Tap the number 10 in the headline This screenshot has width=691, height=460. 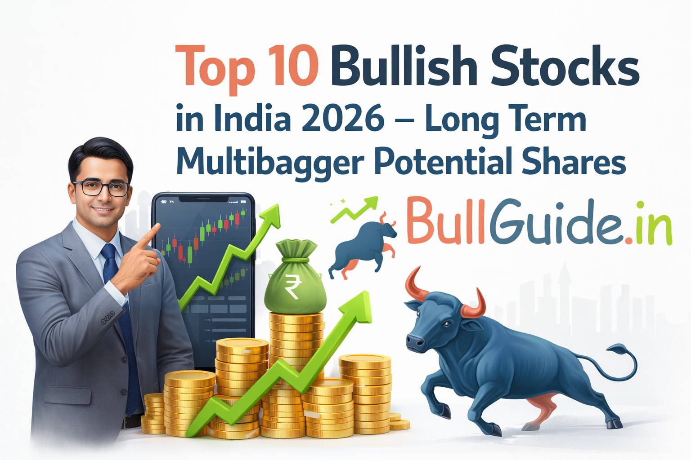pyautogui.click(x=292, y=67)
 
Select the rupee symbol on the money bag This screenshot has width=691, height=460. pyautogui.click(x=291, y=288)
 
